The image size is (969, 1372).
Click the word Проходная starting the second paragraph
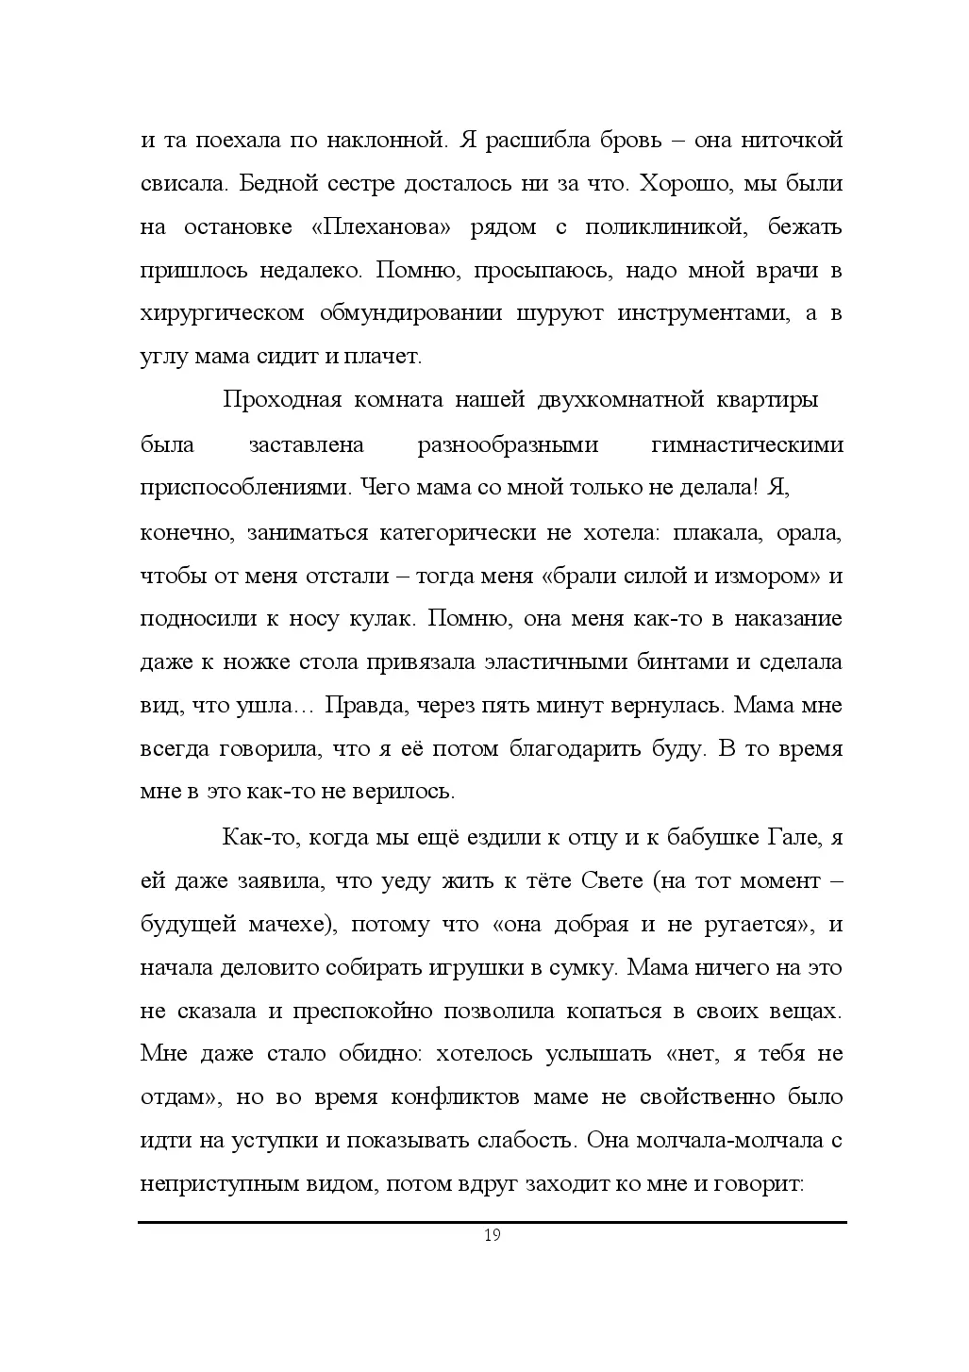[x=281, y=400]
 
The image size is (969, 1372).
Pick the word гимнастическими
[x=747, y=444]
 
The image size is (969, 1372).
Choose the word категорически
[x=457, y=532]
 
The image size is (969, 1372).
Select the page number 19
[x=492, y=1236]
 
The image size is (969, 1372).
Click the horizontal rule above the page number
[x=492, y=1222]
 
